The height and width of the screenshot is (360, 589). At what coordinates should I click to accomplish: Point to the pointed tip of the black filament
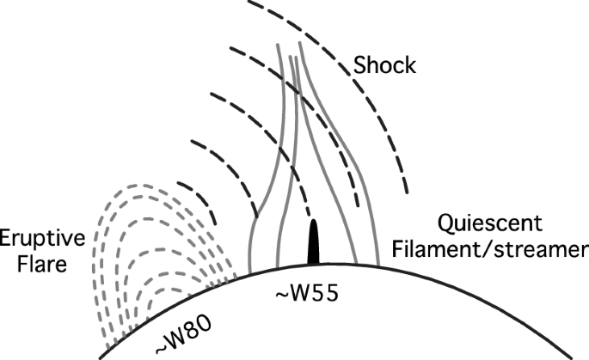pos(314,223)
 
